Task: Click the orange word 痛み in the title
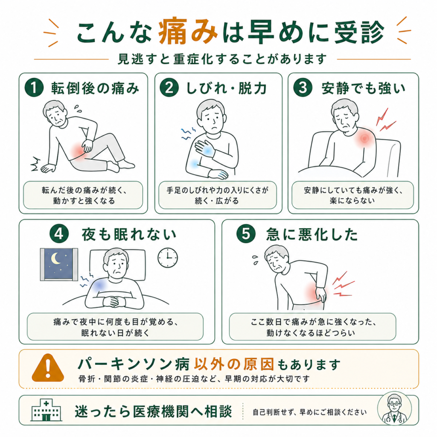[x=188, y=32]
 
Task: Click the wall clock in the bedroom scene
[x=167, y=257]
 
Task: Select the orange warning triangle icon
[x=48, y=368]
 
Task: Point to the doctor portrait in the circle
[x=394, y=409]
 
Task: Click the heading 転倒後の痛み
[x=95, y=88]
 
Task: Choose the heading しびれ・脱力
[x=227, y=88]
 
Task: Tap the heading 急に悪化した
[x=312, y=234]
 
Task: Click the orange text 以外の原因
[x=234, y=364]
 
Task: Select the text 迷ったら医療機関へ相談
[x=153, y=411]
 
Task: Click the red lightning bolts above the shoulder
[x=385, y=120]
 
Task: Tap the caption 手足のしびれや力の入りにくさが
[x=217, y=190]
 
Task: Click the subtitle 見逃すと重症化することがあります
[x=222, y=59]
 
